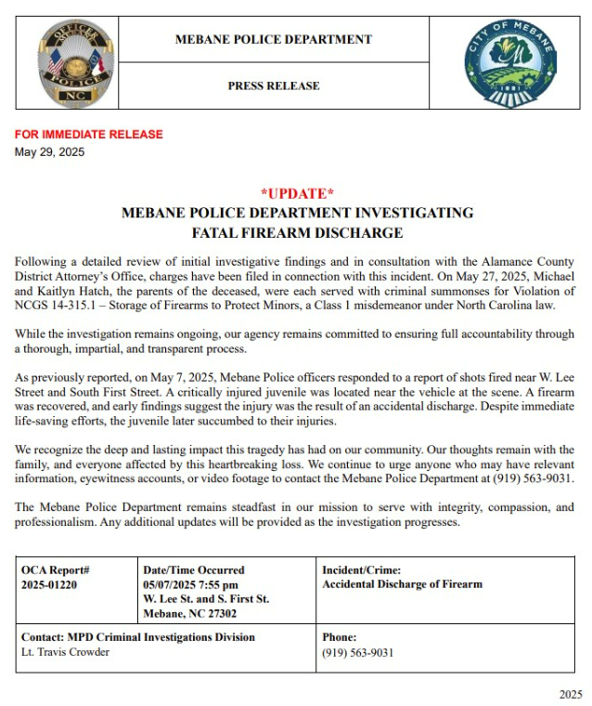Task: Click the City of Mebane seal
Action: [x=510, y=62]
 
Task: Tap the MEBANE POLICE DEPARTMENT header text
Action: [x=273, y=39]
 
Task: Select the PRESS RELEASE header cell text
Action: [x=273, y=85]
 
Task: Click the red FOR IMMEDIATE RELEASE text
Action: [x=89, y=135]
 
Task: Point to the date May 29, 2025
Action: [x=49, y=152]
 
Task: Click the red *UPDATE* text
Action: [x=297, y=193]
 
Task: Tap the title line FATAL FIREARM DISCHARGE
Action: [x=297, y=232]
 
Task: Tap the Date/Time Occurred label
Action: [x=194, y=569]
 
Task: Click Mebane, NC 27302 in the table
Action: [x=188, y=613]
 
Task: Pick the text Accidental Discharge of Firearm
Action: [x=402, y=584]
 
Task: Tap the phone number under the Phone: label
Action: [x=357, y=652]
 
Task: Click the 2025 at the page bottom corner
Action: [x=571, y=694]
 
